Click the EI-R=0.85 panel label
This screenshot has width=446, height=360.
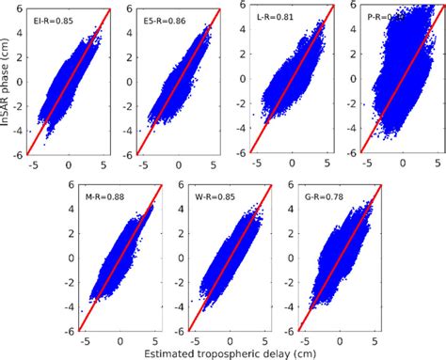pyautogui.click(x=56, y=21)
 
